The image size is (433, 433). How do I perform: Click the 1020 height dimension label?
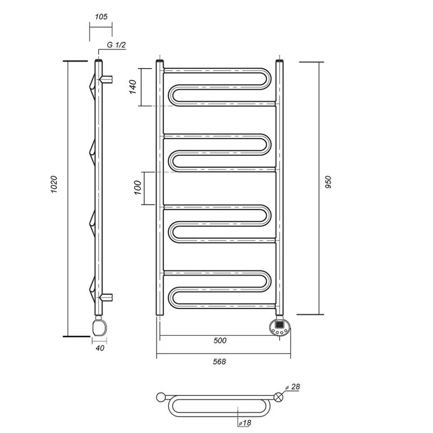(x=54, y=184)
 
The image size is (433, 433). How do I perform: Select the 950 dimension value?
(x=328, y=182)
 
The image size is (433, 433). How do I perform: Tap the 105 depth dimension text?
(x=101, y=17)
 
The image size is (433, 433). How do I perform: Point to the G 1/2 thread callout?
(x=116, y=45)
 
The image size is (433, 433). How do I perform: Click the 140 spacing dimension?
(x=133, y=87)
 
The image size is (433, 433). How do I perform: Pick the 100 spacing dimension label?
(x=138, y=188)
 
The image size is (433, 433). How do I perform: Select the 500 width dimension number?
(x=220, y=341)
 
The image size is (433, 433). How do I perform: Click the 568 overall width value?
(x=219, y=361)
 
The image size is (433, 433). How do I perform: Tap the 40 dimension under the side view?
(x=100, y=348)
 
